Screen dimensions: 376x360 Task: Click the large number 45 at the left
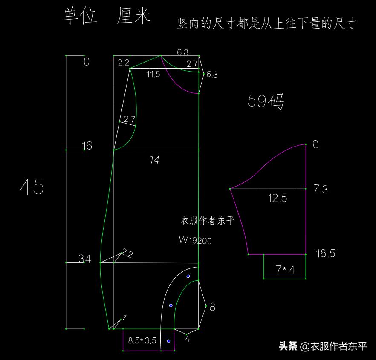[32, 187]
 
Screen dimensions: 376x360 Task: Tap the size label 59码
[266, 101]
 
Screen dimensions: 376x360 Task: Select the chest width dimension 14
[154, 160]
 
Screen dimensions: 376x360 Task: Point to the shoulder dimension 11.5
[153, 74]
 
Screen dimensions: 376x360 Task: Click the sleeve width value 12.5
[277, 198]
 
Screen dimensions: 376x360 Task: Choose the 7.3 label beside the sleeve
[321, 189]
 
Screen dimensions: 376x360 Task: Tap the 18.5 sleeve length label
[325, 253]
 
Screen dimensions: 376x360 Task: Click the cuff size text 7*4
[285, 270]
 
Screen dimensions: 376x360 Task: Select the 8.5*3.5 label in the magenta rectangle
[142, 340]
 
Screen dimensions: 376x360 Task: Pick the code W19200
[195, 240]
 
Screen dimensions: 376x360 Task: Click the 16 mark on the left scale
[87, 146]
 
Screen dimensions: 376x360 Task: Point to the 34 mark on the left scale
[85, 259]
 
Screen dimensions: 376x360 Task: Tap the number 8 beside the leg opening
[212, 307]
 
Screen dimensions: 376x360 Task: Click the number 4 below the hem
[188, 339]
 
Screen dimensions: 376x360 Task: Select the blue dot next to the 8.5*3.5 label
[168, 341]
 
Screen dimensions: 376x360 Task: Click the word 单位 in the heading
[80, 16]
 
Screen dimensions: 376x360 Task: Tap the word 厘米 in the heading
[133, 16]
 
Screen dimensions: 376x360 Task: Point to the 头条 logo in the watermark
[288, 346]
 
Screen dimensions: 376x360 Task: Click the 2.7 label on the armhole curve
[130, 119]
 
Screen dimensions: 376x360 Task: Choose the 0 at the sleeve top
[315, 144]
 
